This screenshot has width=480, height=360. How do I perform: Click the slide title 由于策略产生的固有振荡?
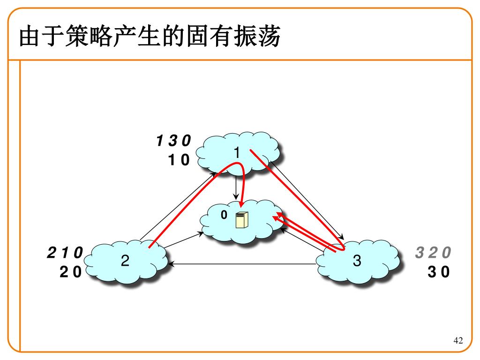[150, 37]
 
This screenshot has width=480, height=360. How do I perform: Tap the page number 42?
[458, 340]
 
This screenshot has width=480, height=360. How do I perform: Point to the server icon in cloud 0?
[242, 219]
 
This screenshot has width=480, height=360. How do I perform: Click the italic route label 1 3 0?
[174, 141]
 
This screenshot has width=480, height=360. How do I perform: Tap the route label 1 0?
[179, 160]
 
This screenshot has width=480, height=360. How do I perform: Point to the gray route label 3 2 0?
[433, 253]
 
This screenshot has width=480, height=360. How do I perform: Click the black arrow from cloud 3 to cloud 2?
[244, 264]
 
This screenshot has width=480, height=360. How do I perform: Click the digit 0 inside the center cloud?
[224, 215]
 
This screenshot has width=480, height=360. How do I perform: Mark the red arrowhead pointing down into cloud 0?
[241, 202]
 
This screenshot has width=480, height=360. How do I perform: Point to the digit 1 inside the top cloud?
[237, 153]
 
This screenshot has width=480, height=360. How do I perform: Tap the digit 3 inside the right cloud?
[357, 261]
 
